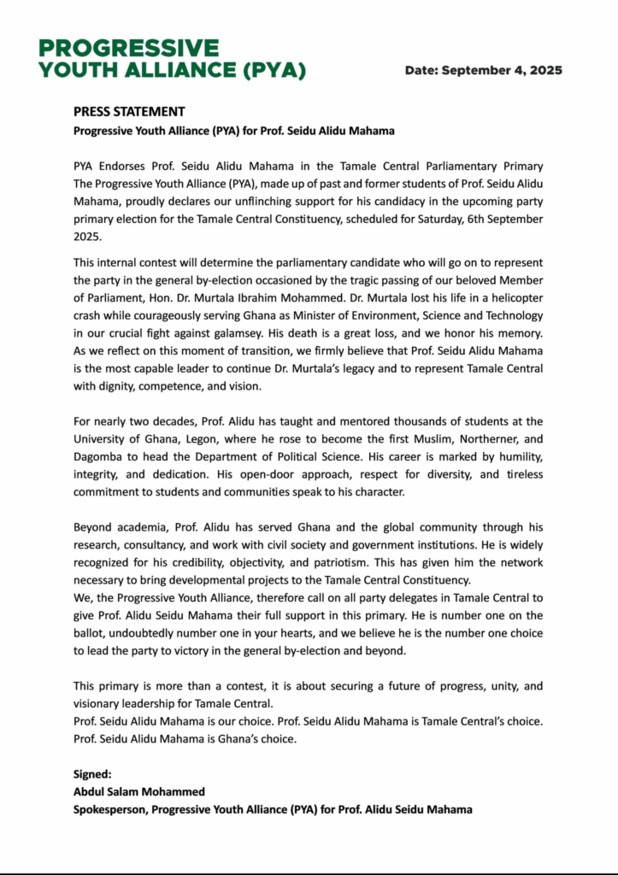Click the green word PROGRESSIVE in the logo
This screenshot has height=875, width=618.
pos(128,48)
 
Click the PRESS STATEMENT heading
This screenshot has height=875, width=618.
pos(129,112)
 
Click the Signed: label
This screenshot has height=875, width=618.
pos(92,775)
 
